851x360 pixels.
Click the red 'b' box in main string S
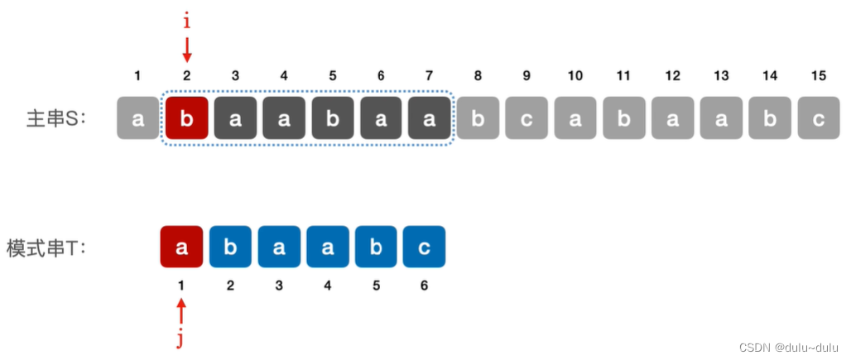click(x=186, y=118)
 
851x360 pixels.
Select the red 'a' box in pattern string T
click(x=181, y=247)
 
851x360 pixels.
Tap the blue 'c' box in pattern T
click(x=424, y=247)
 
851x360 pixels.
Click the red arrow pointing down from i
click(x=186, y=50)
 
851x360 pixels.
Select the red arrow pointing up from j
click(x=181, y=313)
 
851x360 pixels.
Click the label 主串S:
click(x=56, y=118)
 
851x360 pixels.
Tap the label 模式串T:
click(x=47, y=247)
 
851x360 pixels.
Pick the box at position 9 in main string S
click(x=526, y=118)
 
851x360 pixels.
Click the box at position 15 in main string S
click(x=818, y=118)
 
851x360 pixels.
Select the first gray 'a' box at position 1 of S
click(x=138, y=118)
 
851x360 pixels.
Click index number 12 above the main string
click(x=672, y=76)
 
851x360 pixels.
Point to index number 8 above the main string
click(x=478, y=76)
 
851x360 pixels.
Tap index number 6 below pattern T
click(x=424, y=286)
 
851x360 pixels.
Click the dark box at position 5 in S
click(x=332, y=118)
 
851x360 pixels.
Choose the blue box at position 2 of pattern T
click(x=230, y=247)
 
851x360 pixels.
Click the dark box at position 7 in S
click(x=429, y=118)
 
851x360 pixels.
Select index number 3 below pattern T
click(x=278, y=286)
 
